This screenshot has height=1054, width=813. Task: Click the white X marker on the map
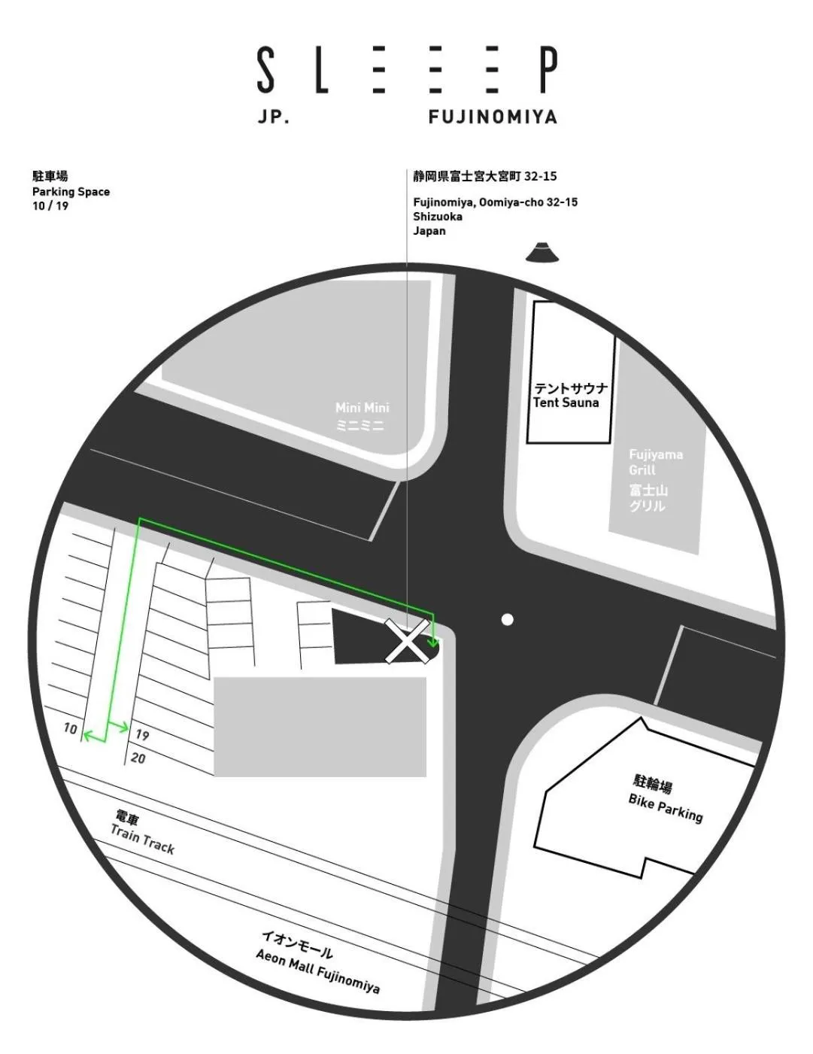(x=407, y=641)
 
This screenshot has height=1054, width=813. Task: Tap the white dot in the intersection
(x=508, y=620)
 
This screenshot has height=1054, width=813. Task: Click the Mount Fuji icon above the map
(x=542, y=253)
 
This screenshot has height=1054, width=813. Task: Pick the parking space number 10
(x=70, y=728)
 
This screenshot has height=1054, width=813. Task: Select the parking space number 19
(x=142, y=735)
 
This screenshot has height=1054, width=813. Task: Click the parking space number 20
(x=138, y=758)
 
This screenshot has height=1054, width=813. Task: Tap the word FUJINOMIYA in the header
(x=493, y=117)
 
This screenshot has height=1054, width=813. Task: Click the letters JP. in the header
(x=273, y=117)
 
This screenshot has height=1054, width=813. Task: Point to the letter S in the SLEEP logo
(x=265, y=69)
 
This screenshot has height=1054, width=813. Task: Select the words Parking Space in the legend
(x=71, y=192)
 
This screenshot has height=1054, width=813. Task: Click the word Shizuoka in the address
(x=438, y=217)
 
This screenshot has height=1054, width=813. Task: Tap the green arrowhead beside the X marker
(x=433, y=642)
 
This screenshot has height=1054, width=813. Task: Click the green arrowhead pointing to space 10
(x=88, y=737)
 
